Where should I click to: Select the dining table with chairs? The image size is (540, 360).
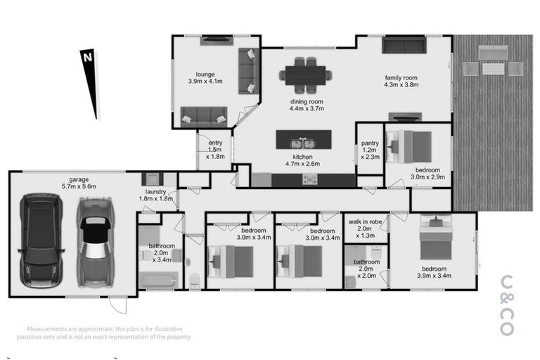305,73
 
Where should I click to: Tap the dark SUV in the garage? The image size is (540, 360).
41,239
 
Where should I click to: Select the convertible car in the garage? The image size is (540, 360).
94,240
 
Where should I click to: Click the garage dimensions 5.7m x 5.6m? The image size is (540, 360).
77,186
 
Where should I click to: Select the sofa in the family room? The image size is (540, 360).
404,46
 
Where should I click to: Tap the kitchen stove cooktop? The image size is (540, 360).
310,179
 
